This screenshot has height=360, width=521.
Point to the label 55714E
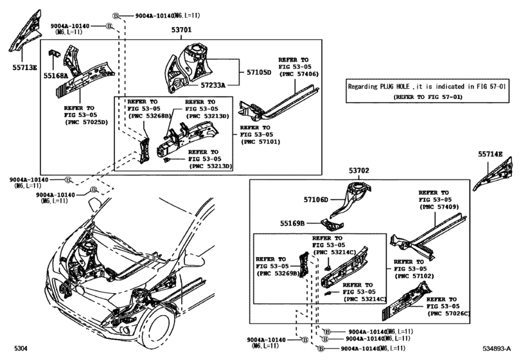[490, 154]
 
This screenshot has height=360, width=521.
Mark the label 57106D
[317, 200]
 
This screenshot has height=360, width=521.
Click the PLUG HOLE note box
[427, 91]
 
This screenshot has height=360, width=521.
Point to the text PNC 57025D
[85, 122]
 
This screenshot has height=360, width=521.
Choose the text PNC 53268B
[150, 116]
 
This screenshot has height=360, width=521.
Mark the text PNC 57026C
[448, 313]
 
